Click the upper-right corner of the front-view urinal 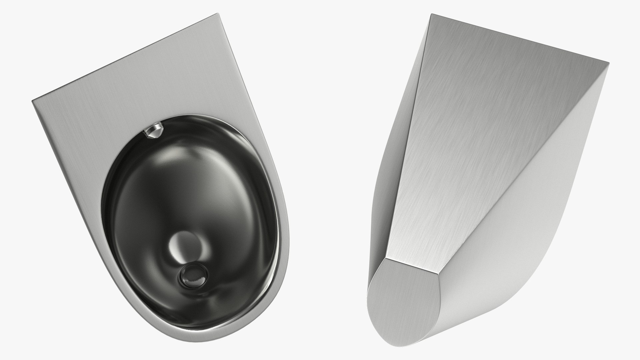[217, 15]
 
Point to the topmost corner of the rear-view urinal [432, 14]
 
